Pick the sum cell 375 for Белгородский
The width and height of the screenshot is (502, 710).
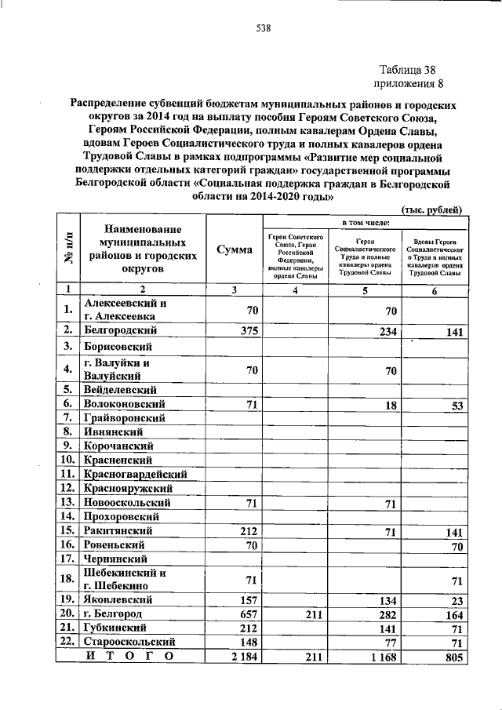246,330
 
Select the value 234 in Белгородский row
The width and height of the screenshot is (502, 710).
384,331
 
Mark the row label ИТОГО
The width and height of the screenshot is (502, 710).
130,655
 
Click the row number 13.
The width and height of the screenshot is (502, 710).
68,502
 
